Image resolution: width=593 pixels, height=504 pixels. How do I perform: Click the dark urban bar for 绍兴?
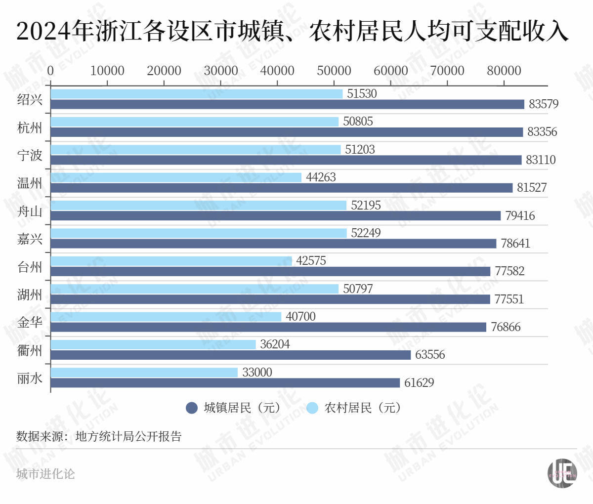click(287, 104)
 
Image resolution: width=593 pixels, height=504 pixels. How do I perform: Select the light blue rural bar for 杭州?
click(194, 122)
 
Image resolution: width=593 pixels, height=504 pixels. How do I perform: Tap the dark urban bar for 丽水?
click(225, 383)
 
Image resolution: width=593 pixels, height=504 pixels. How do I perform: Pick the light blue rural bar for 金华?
click(166, 317)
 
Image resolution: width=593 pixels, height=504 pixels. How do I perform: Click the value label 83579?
click(544, 104)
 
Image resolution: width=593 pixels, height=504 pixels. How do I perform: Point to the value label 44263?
click(321, 177)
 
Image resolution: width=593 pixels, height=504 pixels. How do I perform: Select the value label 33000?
click(257, 372)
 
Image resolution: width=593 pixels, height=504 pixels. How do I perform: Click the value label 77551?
click(509, 299)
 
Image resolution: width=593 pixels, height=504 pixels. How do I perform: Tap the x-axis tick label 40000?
click(277, 71)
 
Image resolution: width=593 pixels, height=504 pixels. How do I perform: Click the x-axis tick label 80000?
click(504, 71)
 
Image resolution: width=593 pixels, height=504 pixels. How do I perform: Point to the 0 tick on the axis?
click(50, 71)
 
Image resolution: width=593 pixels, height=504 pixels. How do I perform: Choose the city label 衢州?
click(30, 350)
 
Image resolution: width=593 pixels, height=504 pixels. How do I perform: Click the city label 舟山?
click(30, 211)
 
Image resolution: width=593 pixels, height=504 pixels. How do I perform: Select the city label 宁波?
click(30, 156)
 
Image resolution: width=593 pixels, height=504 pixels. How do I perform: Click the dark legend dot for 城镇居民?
click(192, 408)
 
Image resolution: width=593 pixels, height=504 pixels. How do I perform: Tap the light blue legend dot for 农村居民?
click(312, 408)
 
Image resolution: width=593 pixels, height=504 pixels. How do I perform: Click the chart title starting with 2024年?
click(292, 31)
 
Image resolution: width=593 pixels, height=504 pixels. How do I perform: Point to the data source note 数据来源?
click(99, 436)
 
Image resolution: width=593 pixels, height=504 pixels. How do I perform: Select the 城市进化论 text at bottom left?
click(45, 474)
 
